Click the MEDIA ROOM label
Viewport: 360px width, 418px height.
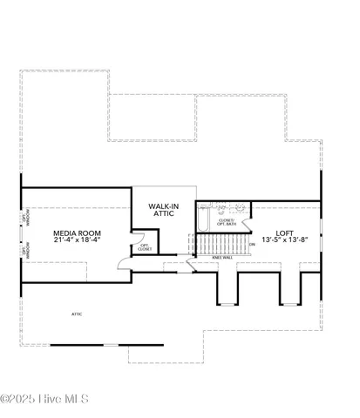point(75,233)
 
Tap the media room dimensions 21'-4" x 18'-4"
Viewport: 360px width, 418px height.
point(75,241)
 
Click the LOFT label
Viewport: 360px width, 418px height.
point(284,233)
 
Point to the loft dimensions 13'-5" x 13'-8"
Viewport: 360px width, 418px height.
point(284,241)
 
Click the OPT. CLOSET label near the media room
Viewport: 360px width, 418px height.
point(146,247)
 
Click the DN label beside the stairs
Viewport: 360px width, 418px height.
point(251,245)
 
